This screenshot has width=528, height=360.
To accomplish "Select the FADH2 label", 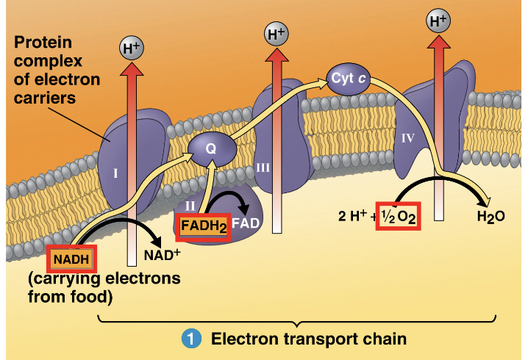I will pyautogui.click(x=202, y=226).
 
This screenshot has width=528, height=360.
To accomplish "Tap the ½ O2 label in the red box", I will pyautogui.click(x=398, y=217).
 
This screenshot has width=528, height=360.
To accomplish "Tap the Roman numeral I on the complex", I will pyautogui.click(x=115, y=174).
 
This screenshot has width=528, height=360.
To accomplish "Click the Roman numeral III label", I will pyautogui.click(x=263, y=167).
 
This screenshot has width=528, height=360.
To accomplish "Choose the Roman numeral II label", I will pyautogui.click(x=190, y=205).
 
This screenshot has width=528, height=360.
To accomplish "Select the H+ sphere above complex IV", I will pyautogui.click(x=438, y=21).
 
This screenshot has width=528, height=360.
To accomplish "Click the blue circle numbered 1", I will pyautogui.click(x=191, y=339).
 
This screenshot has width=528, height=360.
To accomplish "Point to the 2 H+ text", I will pyautogui.click(x=352, y=217).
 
